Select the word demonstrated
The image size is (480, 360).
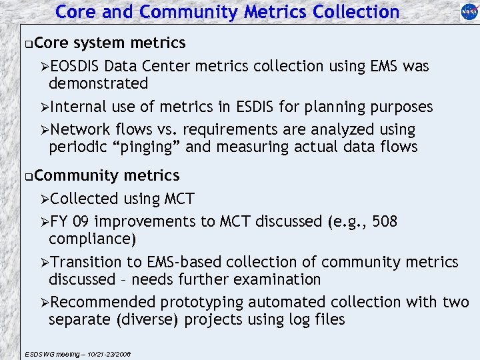point(99,84)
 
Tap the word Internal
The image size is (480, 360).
point(77,107)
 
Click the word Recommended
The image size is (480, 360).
point(102,303)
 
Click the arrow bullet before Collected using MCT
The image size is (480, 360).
point(44,199)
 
